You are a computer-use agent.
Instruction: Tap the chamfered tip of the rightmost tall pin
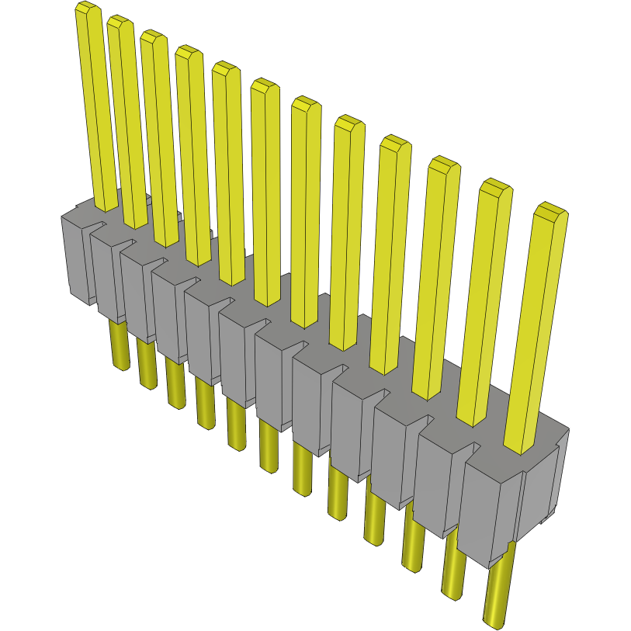pyautogui.click(x=550, y=211)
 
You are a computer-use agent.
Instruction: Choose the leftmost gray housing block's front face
pyautogui.click(x=78, y=256)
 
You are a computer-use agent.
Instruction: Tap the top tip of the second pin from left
pyautogui.click(x=120, y=23)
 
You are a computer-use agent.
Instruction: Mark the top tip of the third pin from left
pyautogui.click(x=154, y=38)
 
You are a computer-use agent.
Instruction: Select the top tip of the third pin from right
pyautogui.click(x=443, y=165)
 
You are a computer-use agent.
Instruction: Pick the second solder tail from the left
pyautogui.click(x=147, y=365)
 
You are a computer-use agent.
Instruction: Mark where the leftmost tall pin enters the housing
pyautogui.click(x=106, y=203)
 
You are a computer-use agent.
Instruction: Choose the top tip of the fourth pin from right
pyautogui.click(x=394, y=144)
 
